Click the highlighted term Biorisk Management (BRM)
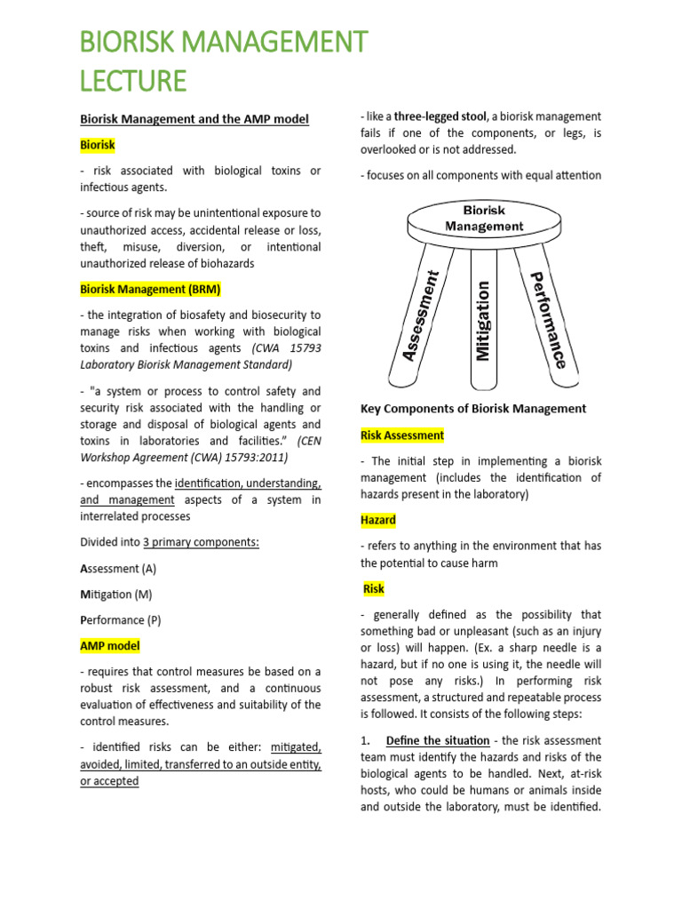(x=150, y=289)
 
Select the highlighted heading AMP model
(x=110, y=645)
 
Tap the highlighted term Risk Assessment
(x=401, y=435)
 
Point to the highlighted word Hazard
(x=377, y=520)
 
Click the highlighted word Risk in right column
(x=374, y=588)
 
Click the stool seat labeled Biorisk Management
(x=484, y=219)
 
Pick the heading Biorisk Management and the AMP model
(x=194, y=118)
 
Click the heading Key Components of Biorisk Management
(x=472, y=409)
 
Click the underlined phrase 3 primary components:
(x=201, y=542)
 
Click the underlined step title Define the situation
(x=438, y=740)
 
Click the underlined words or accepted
(x=110, y=781)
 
